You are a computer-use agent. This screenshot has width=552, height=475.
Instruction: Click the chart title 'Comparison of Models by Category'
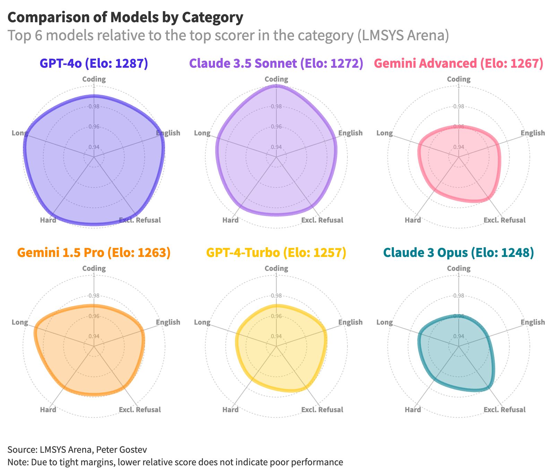(125, 17)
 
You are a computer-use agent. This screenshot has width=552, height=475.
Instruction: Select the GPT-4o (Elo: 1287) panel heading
(94, 63)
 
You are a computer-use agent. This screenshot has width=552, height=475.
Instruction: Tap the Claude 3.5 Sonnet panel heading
(276, 63)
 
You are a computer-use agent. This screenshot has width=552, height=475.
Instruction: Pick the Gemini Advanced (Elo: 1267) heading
(459, 63)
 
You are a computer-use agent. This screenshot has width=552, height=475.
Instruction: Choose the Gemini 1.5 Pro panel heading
(94, 252)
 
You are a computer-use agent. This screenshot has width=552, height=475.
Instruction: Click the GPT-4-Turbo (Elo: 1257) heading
(276, 252)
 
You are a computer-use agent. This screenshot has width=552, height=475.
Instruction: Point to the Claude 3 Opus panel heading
(459, 252)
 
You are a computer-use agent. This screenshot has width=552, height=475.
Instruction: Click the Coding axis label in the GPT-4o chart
(94, 79)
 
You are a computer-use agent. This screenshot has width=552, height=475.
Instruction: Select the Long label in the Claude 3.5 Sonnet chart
(202, 133)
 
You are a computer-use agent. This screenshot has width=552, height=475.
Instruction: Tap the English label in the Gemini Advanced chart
(533, 133)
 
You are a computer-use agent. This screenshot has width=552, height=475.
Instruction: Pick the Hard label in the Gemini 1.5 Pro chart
(48, 409)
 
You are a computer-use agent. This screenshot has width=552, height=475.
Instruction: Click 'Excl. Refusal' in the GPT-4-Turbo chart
(322, 409)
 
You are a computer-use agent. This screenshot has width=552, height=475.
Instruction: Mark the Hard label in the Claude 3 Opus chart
(413, 409)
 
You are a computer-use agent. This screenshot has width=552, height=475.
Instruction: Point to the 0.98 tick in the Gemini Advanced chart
(459, 106)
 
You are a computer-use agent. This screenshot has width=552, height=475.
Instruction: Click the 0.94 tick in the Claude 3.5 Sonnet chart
(276, 147)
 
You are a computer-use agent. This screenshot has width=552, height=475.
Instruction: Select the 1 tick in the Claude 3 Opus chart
(459, 275)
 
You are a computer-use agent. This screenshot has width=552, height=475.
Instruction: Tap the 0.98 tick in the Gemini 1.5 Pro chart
(94, 295)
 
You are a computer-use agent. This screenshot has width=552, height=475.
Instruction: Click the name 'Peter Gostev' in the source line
(121, 450)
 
